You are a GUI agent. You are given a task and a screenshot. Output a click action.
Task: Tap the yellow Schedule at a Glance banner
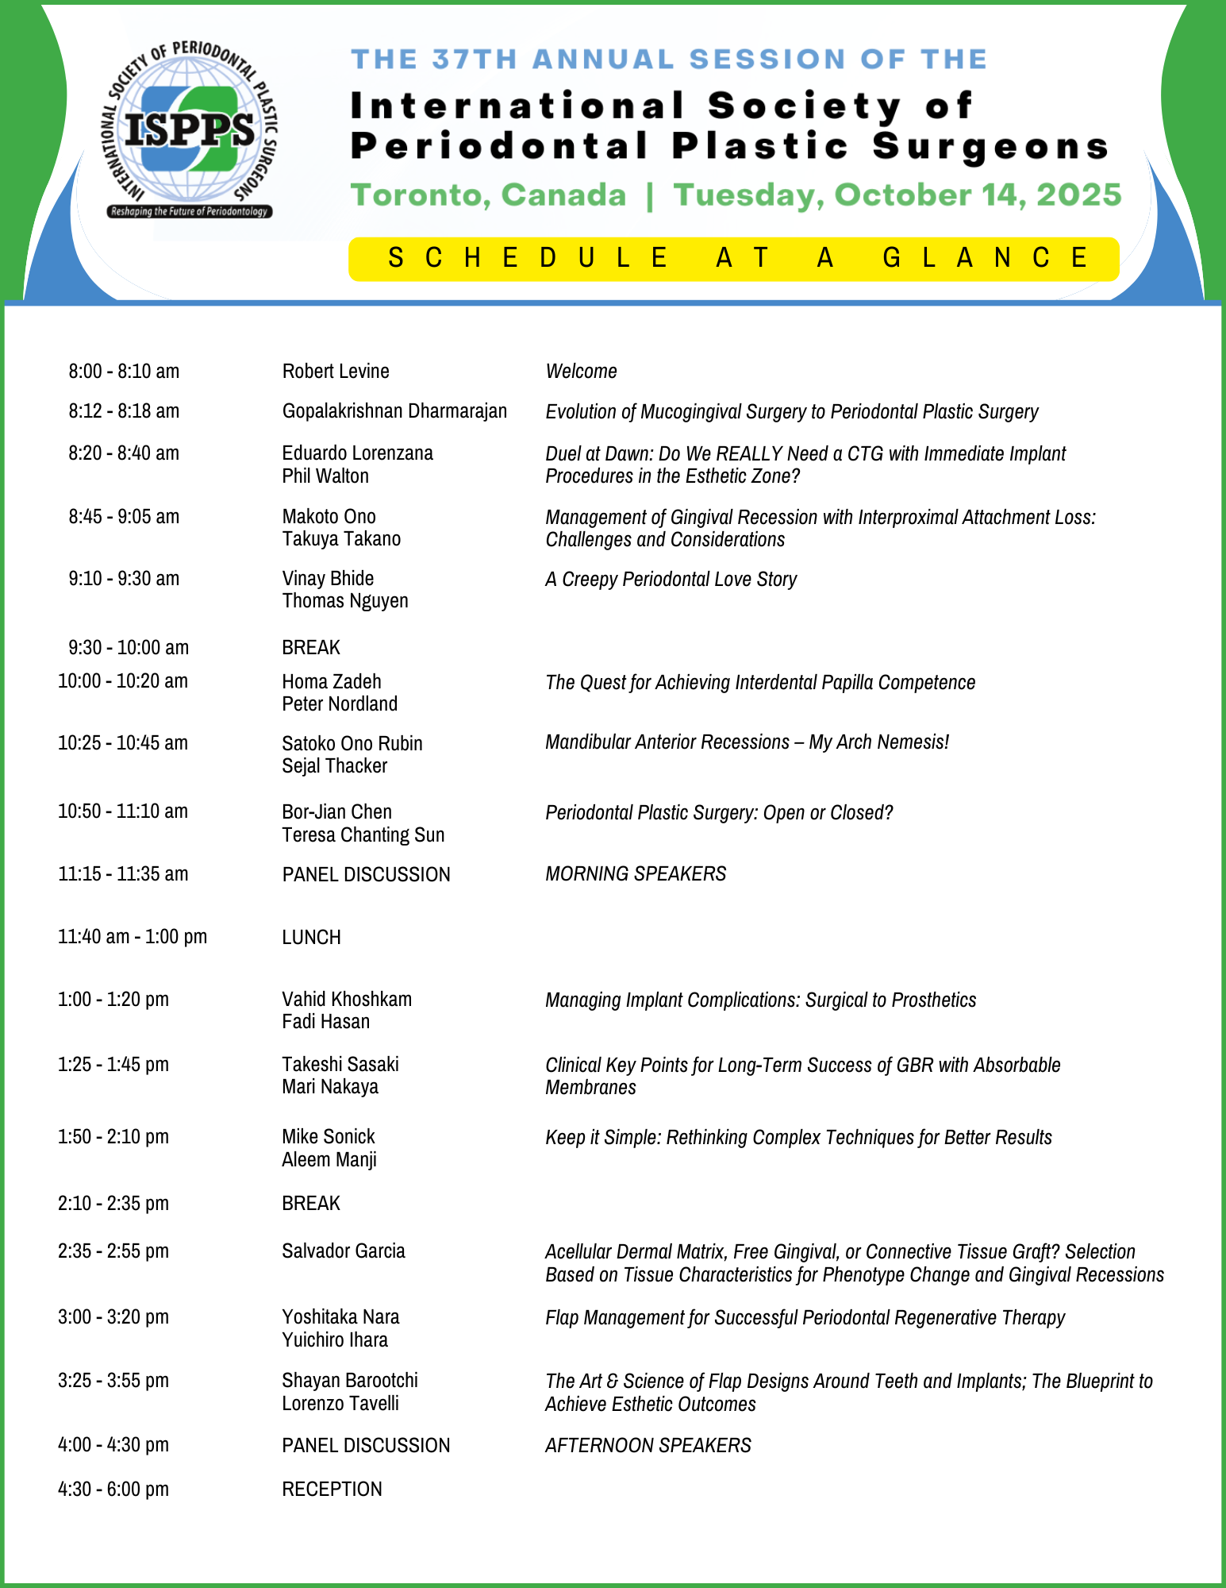click(x=733, y=258)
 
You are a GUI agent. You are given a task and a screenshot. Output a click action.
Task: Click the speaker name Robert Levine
click(x=336, y=371)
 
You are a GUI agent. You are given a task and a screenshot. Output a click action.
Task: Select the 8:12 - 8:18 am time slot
click(x=124, y=410)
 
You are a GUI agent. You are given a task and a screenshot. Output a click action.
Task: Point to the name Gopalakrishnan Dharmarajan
click(x=394, y=410)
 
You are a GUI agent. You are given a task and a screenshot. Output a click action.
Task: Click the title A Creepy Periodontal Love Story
click(x=671, y=579)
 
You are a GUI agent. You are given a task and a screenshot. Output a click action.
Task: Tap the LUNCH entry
click(x=311, y=937)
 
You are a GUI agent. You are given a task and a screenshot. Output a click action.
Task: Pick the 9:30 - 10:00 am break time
click(x=129, y=647)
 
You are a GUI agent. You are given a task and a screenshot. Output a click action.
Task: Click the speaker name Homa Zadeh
click(x=332, y=681)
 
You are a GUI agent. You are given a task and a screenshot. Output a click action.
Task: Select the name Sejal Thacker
click(x=335, y=765)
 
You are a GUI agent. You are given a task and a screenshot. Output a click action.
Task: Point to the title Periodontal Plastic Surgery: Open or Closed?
click(x=719, y=812)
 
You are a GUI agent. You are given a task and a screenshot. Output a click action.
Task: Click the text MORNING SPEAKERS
click(x=636, y=873)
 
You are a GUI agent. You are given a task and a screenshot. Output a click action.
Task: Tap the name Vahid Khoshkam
click(x=347, y=999)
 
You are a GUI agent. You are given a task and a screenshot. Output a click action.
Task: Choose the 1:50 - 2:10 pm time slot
click(x=113, y=1136)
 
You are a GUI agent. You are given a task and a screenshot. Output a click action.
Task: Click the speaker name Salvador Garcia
click(x=344, y=1251)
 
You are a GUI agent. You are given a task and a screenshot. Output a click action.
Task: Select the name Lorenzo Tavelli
click(x=340, y=1403)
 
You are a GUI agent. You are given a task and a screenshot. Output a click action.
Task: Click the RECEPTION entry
click(x=332, y=1489)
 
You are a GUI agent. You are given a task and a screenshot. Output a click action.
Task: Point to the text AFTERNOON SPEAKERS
click(x=648, y=1445)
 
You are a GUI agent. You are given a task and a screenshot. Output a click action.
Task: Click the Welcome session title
click(x=581, y=371)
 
